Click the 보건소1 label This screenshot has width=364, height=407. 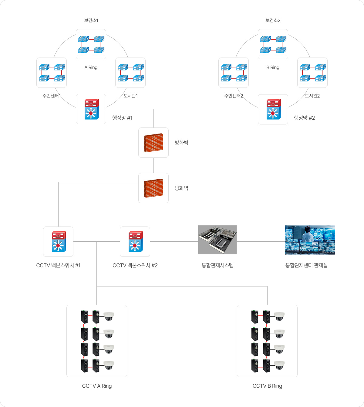(91, 20)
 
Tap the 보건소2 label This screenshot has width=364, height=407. (273, 20)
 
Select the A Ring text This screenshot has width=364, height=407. (91, 68)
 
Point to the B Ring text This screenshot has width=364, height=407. (273, 68)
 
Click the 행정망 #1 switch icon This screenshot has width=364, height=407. (92, 109)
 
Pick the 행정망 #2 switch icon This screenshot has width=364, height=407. (274, 109)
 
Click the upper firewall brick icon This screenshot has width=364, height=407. (153, 143)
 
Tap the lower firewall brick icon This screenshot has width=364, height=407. (153, 188)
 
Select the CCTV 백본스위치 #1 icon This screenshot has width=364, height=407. (59, 241)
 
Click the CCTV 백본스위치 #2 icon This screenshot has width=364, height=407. (136, 241)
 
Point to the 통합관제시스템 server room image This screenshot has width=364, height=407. (217, 240)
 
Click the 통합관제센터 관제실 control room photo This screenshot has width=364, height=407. (310, 240)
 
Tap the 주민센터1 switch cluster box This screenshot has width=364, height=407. (52, 73)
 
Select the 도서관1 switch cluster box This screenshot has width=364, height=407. (130, 73)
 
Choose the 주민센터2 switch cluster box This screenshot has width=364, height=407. (233, 73)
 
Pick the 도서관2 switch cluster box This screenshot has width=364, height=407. (312, 73)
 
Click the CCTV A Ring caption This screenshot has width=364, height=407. (97, 386)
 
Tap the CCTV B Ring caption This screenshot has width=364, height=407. (267, 386)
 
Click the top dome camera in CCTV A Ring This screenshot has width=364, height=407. (109, 316)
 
